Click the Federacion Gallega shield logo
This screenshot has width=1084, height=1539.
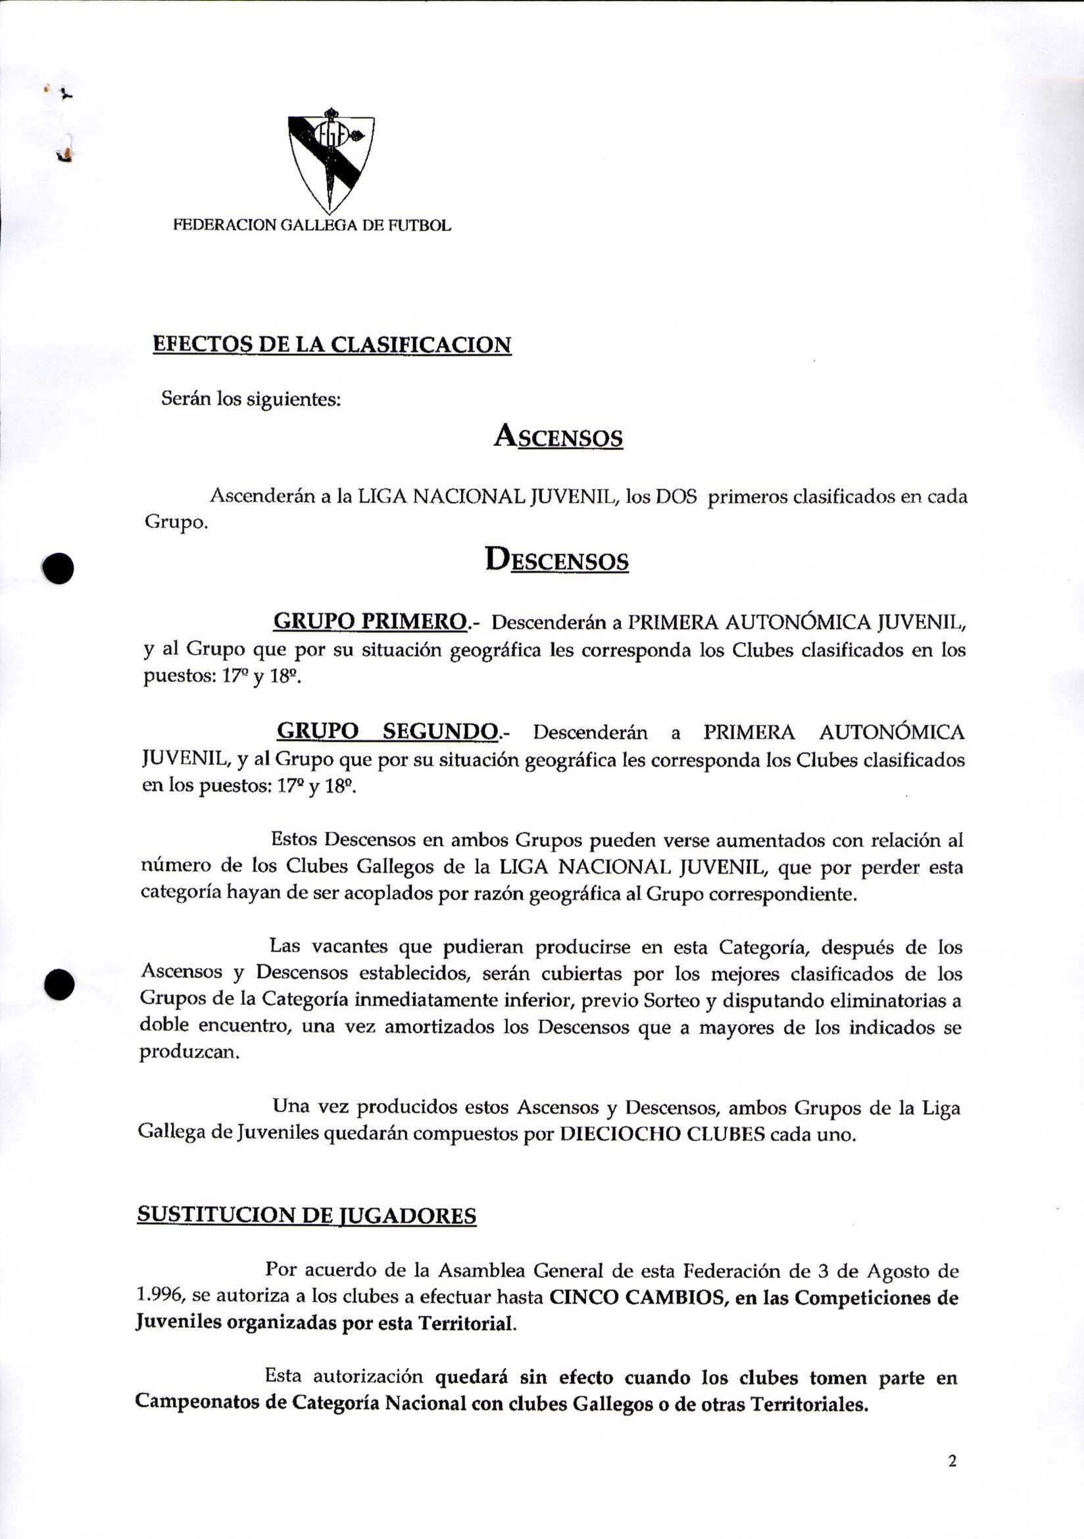tap(330, 161)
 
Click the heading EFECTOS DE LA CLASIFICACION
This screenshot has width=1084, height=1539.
tap(332, 345)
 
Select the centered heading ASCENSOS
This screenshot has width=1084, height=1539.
tap(558, 437)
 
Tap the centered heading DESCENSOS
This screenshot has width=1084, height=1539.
tap(556, 560)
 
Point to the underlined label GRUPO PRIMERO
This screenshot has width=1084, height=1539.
tap(370, 622)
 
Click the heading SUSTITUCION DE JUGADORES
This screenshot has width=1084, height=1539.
tap(307, 1215)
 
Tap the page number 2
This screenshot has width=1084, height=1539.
tap(952, 1461)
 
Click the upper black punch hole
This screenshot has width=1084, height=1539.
tap(59, 568)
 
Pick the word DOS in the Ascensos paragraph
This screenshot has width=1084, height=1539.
tap(676, 497)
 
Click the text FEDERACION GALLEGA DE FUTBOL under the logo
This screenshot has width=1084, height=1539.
tap(312, 225)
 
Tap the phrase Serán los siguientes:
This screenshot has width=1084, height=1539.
tap(251, 399)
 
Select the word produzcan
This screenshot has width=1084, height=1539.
tap(188, 1052)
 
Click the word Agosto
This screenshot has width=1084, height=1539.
tap(897, 1271)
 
